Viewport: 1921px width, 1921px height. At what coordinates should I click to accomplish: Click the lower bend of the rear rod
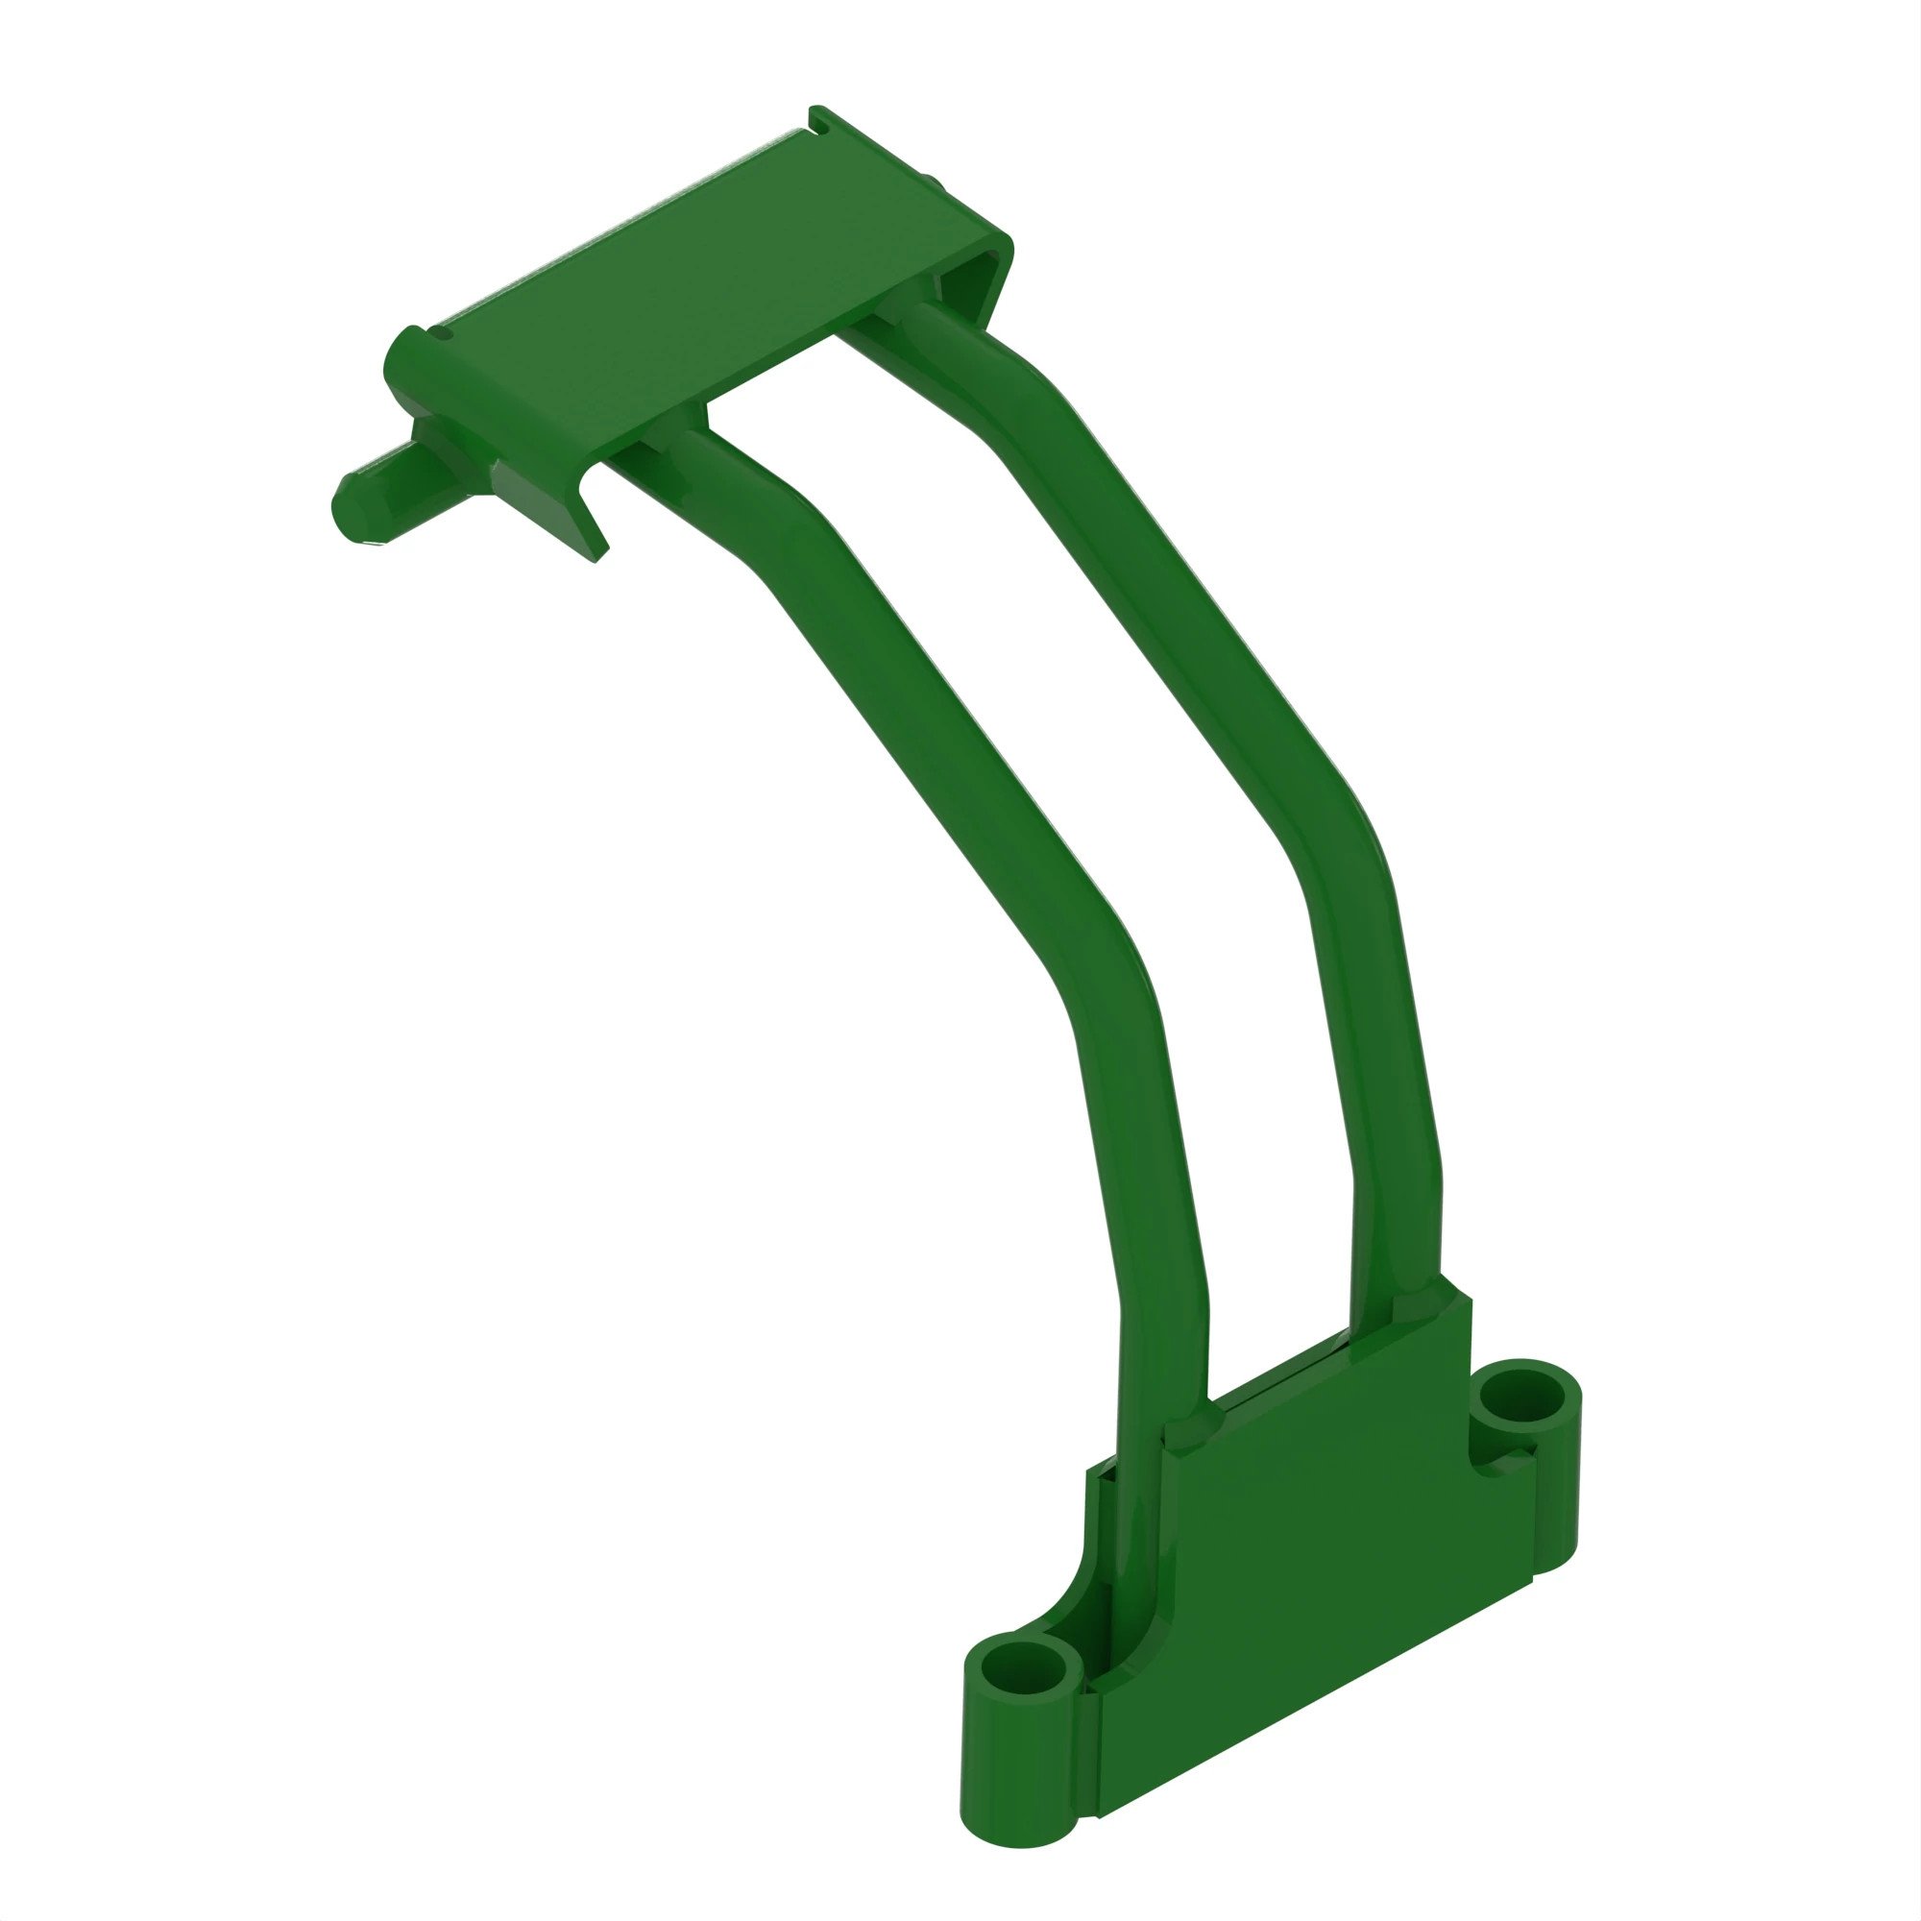tap(1343, 845)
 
